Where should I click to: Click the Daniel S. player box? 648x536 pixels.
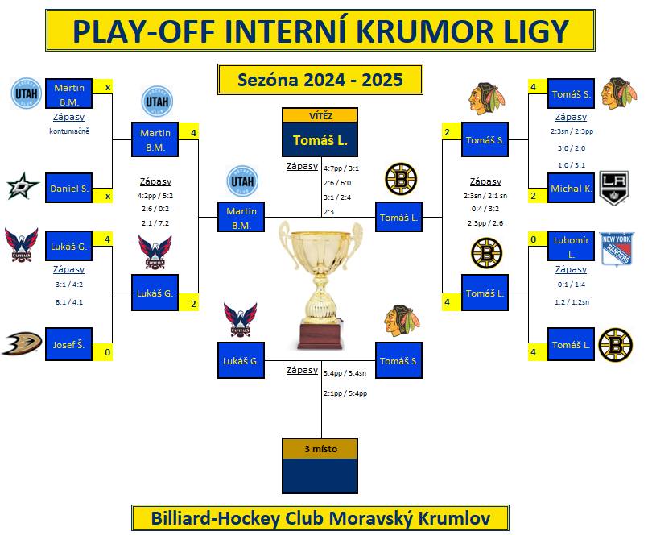coord(68,188)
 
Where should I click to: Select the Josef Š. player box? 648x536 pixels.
coord(68,344)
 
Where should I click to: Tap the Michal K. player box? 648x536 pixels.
coord(572,188)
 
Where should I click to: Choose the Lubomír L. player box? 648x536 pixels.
coord(572,247)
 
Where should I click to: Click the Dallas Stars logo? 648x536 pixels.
coord(23,186)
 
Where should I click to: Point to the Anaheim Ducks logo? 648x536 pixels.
coord(22,343)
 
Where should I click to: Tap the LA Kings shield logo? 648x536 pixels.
coord(614,189)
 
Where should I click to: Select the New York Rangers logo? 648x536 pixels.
coord(616,250)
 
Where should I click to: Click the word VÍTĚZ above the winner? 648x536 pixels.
coord(320,116)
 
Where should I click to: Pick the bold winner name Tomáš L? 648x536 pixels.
coord(320,140)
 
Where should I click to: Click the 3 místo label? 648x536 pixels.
coord(320,449)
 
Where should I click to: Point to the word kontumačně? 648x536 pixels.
coord(69,131)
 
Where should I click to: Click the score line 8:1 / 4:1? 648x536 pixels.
coord(69,302)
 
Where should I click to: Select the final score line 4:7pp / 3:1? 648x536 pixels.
coord(341,168)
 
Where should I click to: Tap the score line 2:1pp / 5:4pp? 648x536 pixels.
coord(345,393)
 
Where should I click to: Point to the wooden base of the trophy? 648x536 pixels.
coord(320,336)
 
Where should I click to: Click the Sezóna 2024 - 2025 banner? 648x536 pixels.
coord(320,80)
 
